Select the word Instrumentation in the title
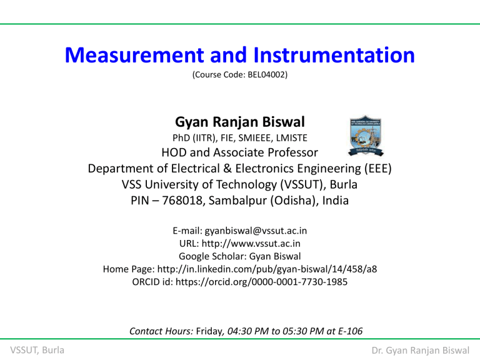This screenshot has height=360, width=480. click(331, 57)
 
